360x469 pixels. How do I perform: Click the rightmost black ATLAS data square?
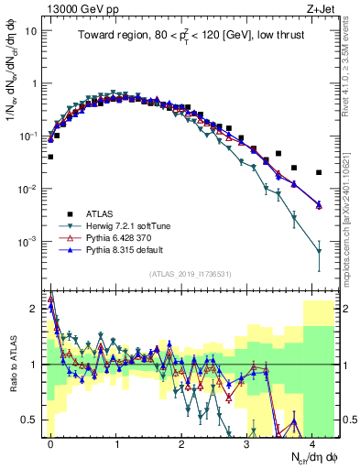[x=319, y=172]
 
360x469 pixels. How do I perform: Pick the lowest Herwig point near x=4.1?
[x=319, y=250]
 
